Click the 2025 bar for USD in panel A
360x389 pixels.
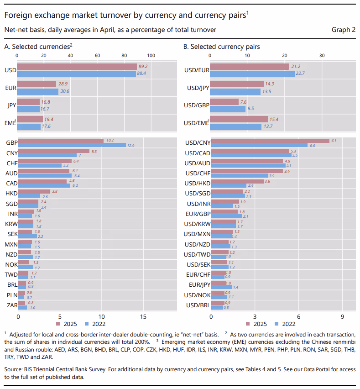77,67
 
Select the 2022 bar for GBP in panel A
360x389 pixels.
72,145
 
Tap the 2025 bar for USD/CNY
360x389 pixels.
270,141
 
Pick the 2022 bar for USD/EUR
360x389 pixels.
252,74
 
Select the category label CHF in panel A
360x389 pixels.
11,163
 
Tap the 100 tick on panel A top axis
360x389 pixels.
151,55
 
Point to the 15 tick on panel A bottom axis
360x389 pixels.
143,316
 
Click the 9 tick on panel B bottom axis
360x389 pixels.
342,316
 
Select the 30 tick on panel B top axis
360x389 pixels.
322,55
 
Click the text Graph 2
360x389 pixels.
343,30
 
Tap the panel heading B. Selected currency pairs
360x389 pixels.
221,47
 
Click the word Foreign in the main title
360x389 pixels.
18,15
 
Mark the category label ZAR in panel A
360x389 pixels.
11,305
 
